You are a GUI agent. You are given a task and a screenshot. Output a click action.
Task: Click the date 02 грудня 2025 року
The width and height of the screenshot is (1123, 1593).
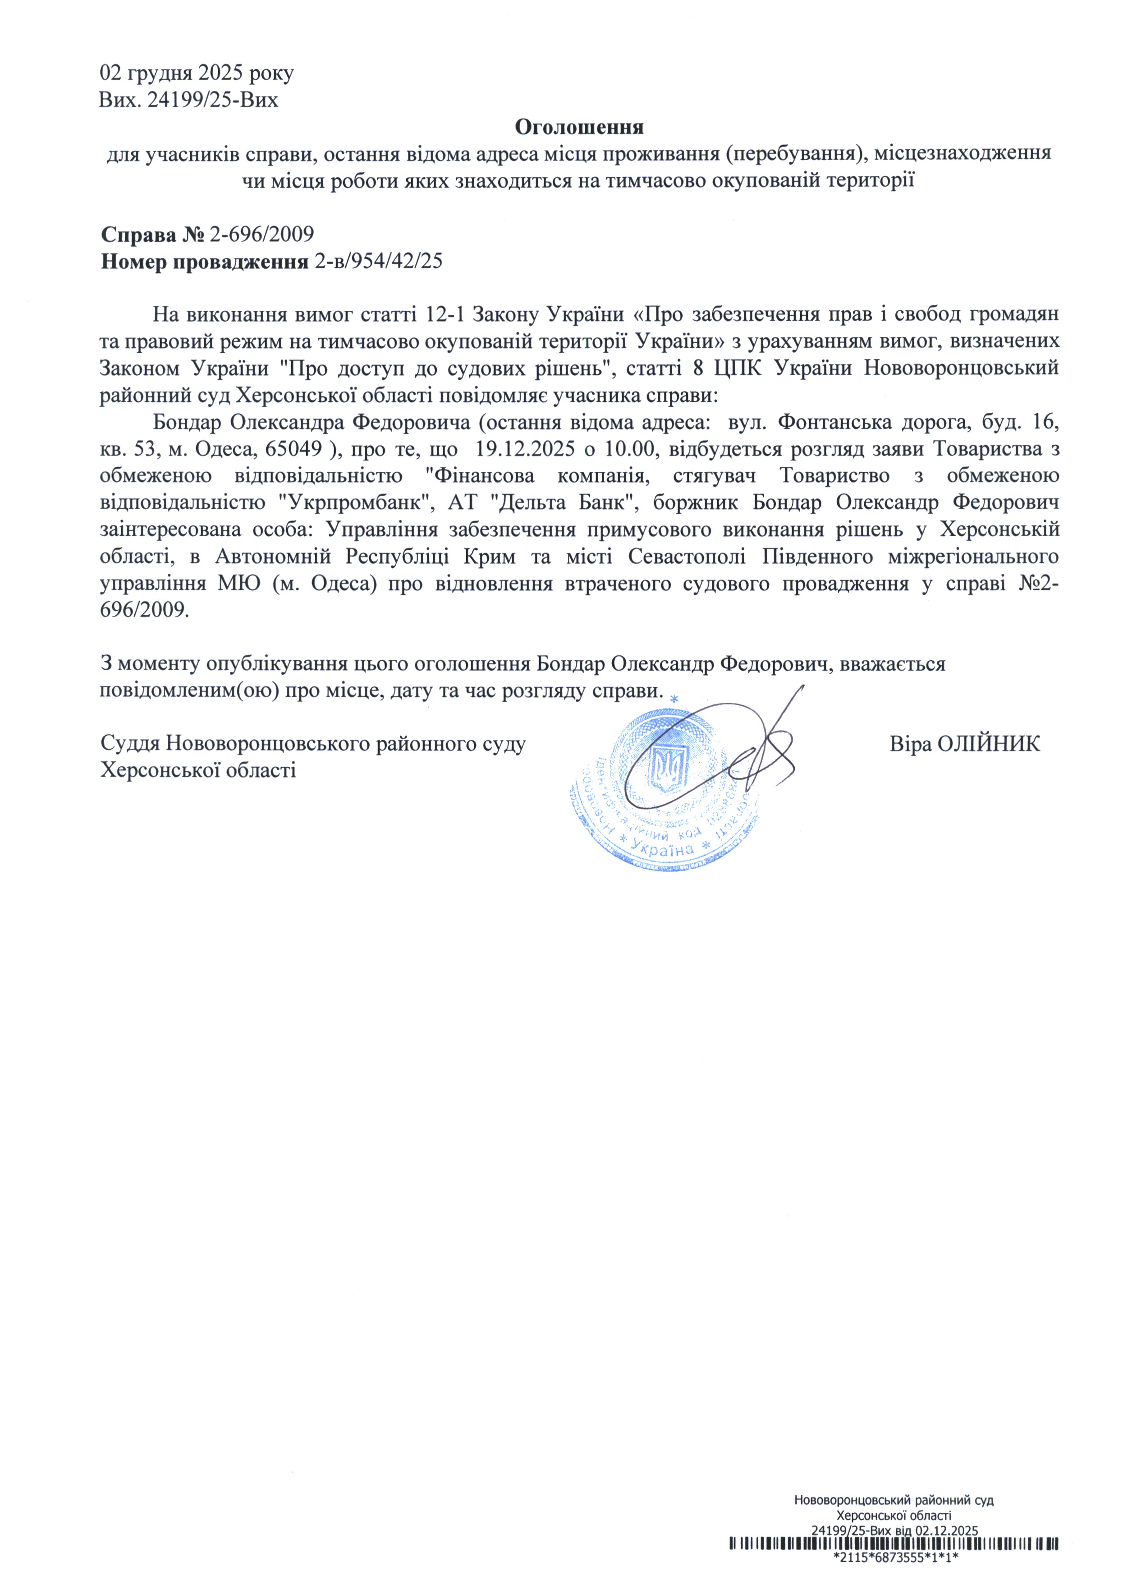coord(197,73)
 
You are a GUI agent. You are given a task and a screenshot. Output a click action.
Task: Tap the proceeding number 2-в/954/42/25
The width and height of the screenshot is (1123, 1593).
coord(378,262)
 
